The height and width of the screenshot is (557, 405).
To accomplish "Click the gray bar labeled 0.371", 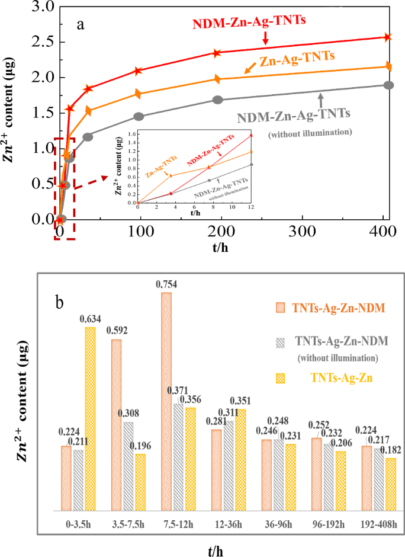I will [x=178, y=457].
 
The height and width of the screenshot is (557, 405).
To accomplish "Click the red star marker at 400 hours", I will [x=388, y=37].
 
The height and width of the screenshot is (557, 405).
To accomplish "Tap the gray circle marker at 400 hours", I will [x=388, y=85].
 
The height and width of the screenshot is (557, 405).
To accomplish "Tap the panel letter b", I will [x=60, y=302].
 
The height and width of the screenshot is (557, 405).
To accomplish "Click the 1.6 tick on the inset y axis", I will [x=133, y=135].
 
